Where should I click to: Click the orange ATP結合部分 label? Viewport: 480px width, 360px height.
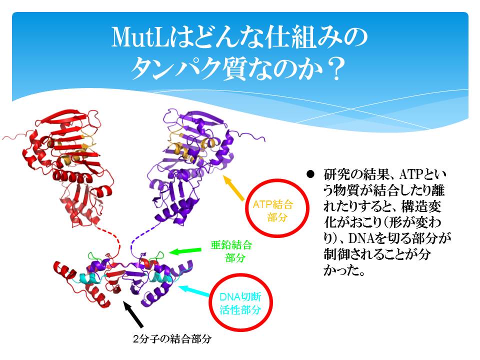click(x=273, y=210)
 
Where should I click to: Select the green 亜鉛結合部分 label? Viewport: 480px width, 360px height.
click(x=231, y=251)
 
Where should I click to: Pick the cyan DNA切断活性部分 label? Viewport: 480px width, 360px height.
click(x=240, y=303)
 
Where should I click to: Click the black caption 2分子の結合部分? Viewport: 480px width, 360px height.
click(x=172, y=339)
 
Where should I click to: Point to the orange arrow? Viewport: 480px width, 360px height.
click(x=234, y=188)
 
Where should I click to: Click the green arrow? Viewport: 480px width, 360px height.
click(x=185, y=251)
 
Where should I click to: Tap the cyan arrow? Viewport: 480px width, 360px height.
click(x=194, y=291)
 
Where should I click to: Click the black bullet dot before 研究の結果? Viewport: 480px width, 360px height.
click(x=310, y=174)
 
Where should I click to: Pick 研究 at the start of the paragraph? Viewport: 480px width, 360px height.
click(x=336, y=174)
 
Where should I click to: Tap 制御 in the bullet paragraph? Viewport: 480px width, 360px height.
click(x=336, y=254)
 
